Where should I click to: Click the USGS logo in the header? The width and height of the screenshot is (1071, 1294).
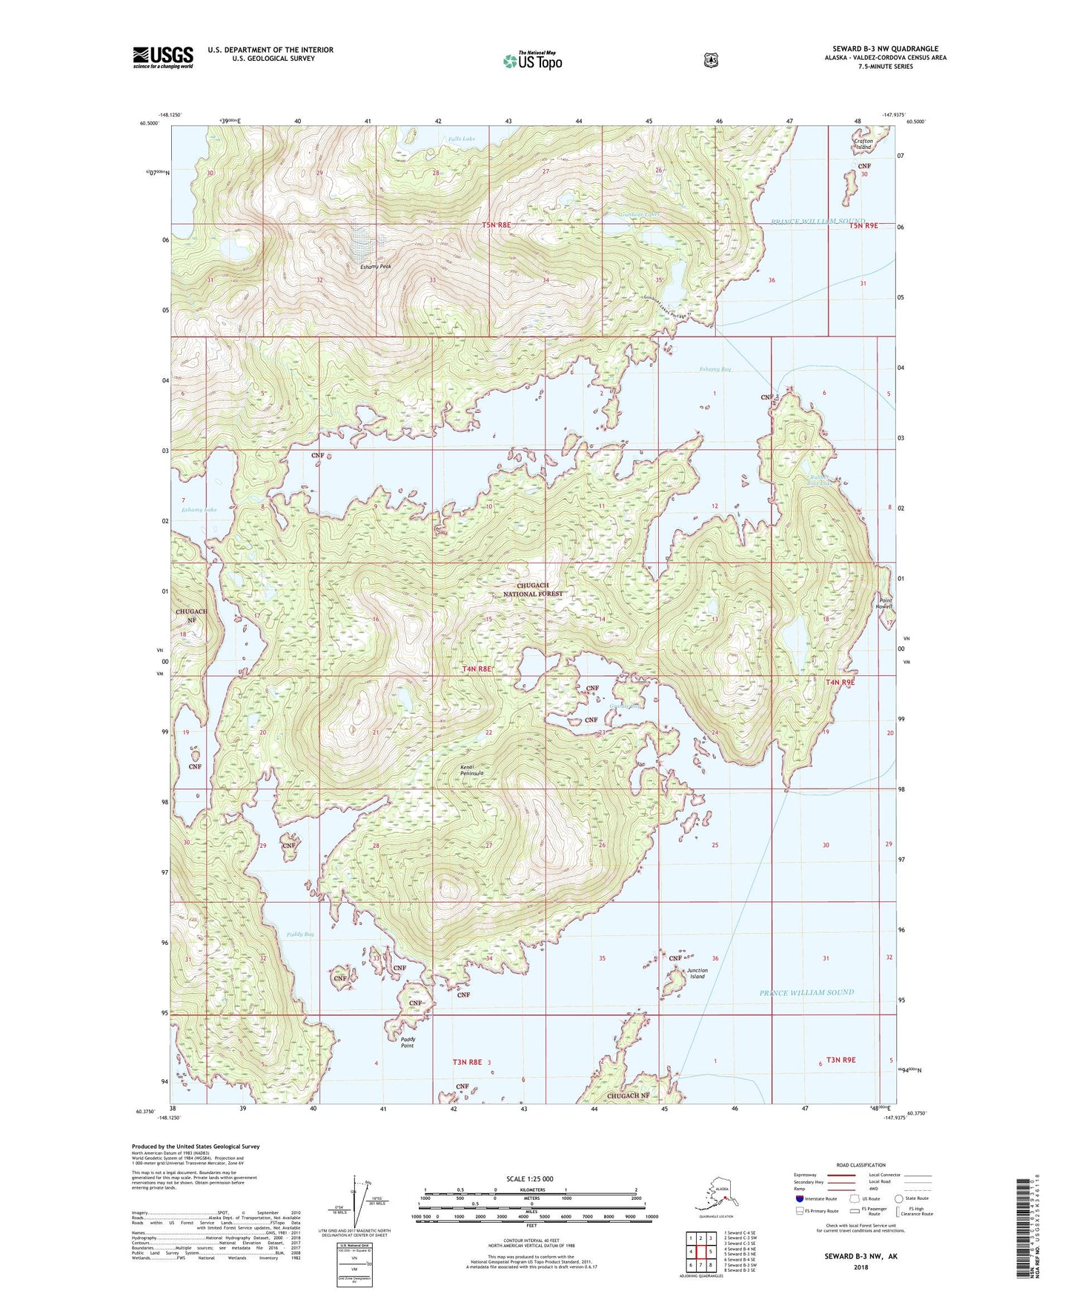point(162,57)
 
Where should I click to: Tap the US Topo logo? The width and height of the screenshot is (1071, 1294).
point(531,61)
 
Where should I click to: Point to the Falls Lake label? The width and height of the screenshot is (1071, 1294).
point(461,139)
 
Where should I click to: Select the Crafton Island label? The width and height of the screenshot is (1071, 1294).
point(863,144)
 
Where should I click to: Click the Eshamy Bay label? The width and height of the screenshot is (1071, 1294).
point(714,369)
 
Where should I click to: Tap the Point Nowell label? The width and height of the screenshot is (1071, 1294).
point(883,603)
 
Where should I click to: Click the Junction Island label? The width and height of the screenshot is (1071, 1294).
point(697,973)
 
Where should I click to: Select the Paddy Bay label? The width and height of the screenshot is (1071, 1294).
point(300,935)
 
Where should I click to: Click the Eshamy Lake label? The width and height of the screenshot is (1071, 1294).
point(199,510)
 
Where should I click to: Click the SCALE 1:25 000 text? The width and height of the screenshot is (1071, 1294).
point(529,1178)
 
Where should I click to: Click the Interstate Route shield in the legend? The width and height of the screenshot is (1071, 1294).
point(799,1198)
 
